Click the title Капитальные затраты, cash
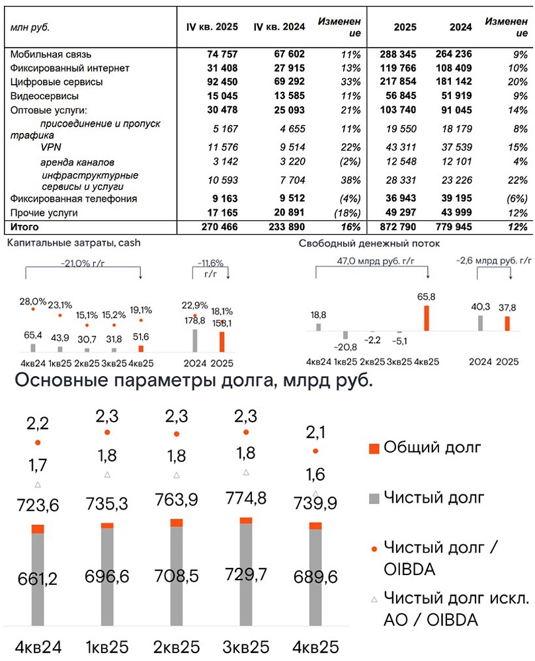[x=73, y=243]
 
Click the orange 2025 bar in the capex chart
[x=222, y=342]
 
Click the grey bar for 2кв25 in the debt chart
[x=177, y=575]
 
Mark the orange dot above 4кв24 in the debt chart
[x=38, y=442]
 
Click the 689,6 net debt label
[x=315, y=576]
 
